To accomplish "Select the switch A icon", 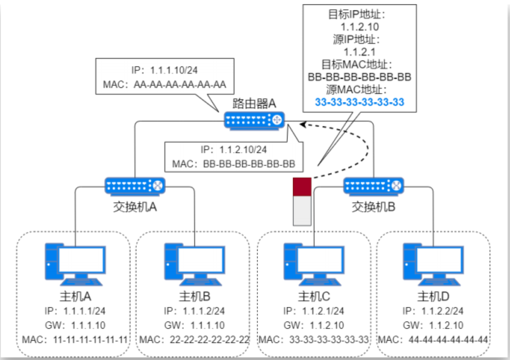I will click(x=135, y=185).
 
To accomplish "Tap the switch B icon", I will click(x=373, y=185).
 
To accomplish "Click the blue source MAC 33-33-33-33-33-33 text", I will click(x=359, y=102).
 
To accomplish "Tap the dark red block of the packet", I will click(x=302, y=186).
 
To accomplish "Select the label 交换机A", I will click(x=135, y=207).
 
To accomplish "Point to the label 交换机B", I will click(x=373, y=207).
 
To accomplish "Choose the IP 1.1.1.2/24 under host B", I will click(x=194, y=311).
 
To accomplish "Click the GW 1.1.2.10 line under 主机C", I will click(x=314, y=326).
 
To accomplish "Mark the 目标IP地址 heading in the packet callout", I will click(x=359, y=14).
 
